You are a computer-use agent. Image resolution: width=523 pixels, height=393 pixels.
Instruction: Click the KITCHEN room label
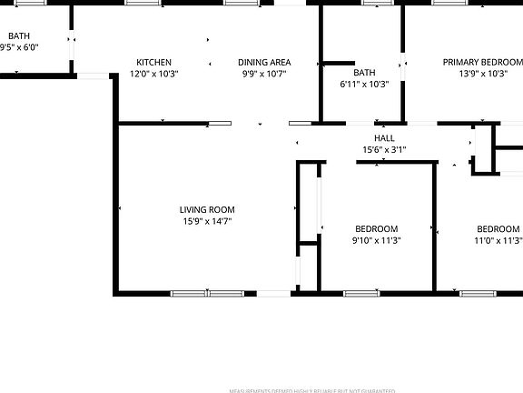point(153,63)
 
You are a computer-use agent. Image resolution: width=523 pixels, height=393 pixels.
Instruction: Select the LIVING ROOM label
point(207,209)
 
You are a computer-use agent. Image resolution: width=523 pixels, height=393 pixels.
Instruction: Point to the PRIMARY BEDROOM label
point(481,63)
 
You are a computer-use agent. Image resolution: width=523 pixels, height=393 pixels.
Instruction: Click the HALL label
point(384,138)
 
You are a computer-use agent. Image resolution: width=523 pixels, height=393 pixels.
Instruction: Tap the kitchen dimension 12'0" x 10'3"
point(153,75)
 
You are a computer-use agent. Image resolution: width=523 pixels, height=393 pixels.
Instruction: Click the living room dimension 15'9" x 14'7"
point(207,221)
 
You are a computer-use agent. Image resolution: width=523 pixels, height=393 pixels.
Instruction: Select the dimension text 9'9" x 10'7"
point(264,75)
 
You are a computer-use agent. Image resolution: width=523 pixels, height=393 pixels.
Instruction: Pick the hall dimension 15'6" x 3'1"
point(384,150)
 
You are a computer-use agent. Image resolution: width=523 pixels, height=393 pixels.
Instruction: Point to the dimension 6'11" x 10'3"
point(364,84)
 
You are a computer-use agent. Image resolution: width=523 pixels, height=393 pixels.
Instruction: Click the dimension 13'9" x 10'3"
point(482,75)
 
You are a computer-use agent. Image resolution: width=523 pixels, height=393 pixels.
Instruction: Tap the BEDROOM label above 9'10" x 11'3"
point(376,228)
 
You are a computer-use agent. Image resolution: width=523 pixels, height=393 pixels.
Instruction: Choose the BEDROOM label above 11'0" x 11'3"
point(498,228)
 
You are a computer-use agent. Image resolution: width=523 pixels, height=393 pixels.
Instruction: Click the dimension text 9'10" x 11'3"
point(376,241)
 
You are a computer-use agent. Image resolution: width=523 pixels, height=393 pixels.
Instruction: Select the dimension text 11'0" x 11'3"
point(498,241)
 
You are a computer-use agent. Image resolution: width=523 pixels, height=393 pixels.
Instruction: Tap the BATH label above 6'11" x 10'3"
point(364,72)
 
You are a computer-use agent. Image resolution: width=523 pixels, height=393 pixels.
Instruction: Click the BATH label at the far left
point(18,36)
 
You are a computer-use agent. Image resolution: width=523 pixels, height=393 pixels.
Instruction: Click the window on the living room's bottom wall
point(207,293)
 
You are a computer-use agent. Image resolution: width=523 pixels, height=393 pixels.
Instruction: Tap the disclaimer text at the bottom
point(313,389)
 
